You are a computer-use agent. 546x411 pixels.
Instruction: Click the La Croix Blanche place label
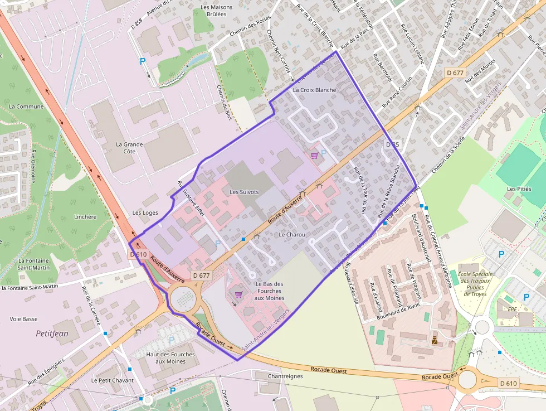click(x=314, y=90)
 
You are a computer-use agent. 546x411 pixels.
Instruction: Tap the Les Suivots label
click(x=244, y=192)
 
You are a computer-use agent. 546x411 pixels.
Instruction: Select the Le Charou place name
click(x=292, y=235)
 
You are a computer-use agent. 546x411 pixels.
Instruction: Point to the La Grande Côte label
click(x=129, y=148)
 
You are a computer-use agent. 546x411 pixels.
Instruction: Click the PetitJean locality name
click(x=52, y=333)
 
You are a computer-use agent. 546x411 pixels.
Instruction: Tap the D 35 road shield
click(x=393, y=145)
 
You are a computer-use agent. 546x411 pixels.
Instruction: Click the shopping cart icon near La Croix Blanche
click(x=314, y=155)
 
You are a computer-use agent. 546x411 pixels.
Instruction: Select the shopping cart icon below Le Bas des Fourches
click(x=238, y=294)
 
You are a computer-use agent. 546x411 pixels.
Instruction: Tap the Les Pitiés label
click(x=519, y=189)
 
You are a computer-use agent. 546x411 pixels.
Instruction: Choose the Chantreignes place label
click(x=285, y=376)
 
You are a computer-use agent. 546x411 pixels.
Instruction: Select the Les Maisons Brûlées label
click(x=213, y=11)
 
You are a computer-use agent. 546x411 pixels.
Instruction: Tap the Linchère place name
click(x=85, y=217)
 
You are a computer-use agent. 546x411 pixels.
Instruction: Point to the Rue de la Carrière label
click(x=89, y=306)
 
